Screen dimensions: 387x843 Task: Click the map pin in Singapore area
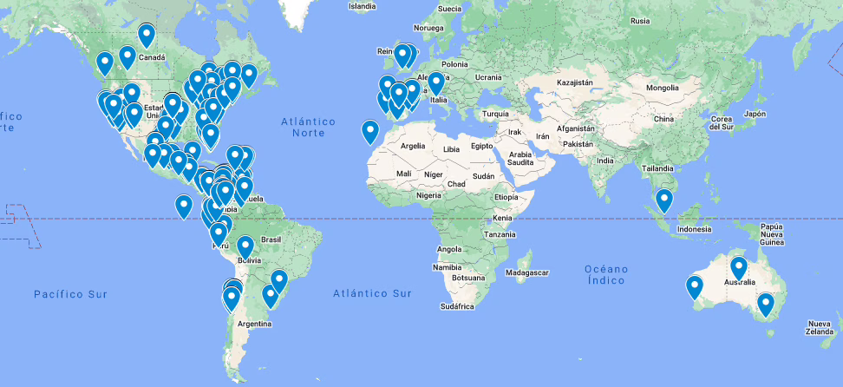(x=664, y=200)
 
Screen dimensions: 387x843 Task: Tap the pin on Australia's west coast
(x=694, y=285)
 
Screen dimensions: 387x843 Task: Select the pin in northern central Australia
(x=738, y=267)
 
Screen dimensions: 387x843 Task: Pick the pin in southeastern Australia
(x=765, y=304)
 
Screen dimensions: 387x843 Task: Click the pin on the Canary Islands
(x=370, y=131)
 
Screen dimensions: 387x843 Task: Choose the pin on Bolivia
(x=245, y=246)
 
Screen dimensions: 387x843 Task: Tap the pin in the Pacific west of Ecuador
(x=183, y=206)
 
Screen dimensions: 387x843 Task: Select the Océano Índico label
(x=604, y=274)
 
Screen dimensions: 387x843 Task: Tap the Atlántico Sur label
(x=372, y=294)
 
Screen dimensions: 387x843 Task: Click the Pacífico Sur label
(x=71, y=295)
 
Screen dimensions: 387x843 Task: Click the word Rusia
(x=640, y=21)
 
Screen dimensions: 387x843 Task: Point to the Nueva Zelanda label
(x=819, y=327)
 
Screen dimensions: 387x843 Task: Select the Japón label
(x=755, y=114)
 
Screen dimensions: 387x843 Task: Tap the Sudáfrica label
(x=456, y=306)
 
